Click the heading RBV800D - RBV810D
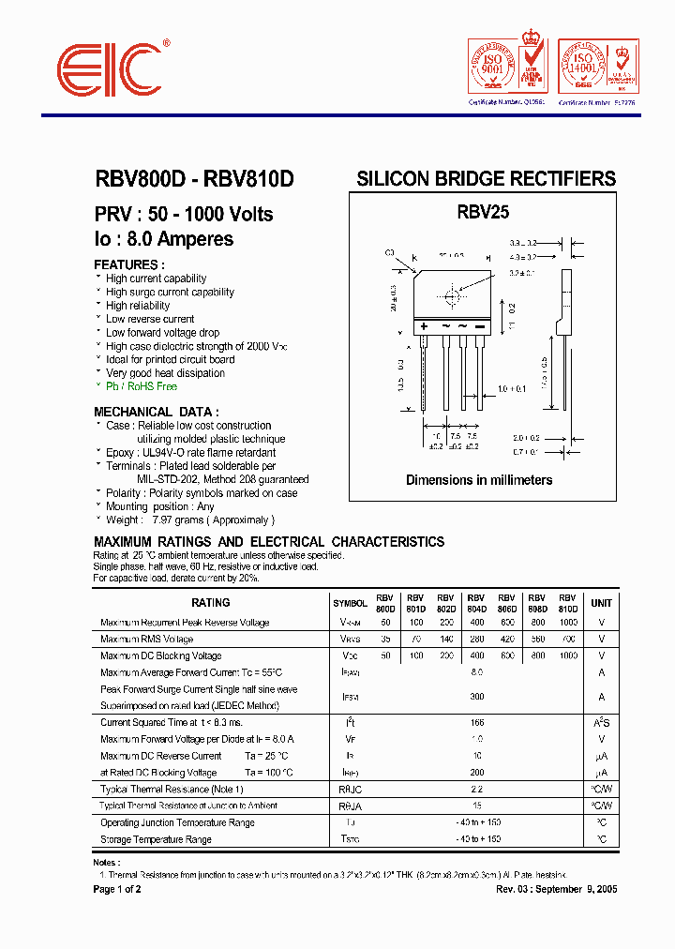[x=194, y=179]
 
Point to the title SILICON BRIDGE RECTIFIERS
[x=486, y=179]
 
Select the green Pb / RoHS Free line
[x=141, y=386]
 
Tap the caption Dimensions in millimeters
[x=479, y=480]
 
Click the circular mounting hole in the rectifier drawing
[x=453, y=296]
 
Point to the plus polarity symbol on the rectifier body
[x=424, y=325]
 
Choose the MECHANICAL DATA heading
[x=157, y=412]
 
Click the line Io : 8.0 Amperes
[x=163, y=239]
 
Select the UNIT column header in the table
[x=601, y=603]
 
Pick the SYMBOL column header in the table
[x=350, y=603]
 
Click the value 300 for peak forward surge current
[x=476, y=697]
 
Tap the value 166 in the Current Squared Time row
[x=476, y=722]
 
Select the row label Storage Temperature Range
[x=156, y=840]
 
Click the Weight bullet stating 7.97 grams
[x=189, y=520]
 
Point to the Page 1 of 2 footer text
[x=117, y=889]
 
